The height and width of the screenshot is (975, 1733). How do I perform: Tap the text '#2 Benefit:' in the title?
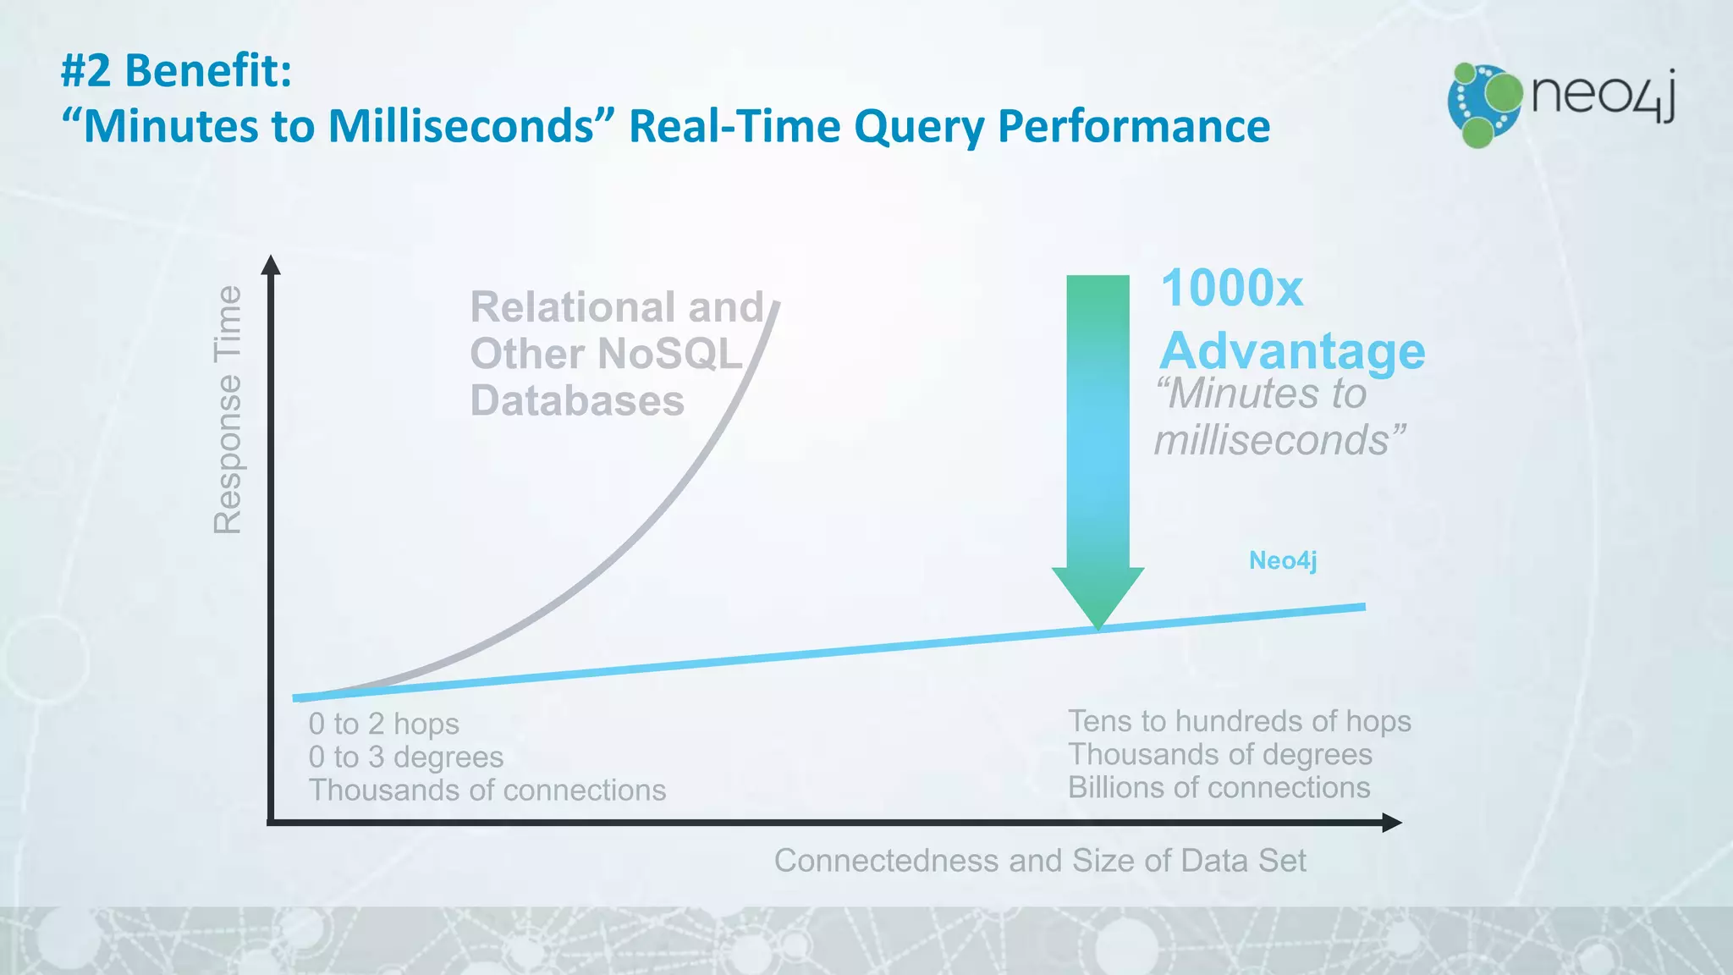[x=176, y=70]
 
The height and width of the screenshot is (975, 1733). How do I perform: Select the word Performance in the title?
[x=1133, y=127]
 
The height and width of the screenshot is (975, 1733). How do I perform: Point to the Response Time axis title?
[x=228, y=410]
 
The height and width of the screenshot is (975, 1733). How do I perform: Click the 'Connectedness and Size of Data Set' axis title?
[x=1039, y=861]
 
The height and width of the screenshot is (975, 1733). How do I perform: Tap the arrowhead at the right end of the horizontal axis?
[x=1392, y=822]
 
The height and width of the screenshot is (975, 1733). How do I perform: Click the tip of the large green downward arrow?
[x=1098, y=625]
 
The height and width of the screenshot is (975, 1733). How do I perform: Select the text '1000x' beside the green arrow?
[x=1231, y=289]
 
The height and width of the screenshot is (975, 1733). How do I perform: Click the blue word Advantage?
[x=1292, y=350]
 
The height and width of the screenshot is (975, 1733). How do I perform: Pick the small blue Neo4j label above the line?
[x=1283, y=560]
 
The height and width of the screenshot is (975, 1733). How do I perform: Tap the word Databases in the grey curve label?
[x=577, y=400]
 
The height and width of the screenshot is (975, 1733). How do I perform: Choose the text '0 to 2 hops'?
[x=383, y=724]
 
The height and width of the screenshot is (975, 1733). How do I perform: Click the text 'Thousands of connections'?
[x=487, y=790]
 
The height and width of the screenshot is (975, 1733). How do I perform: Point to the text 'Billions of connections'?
[x=1219, y=788]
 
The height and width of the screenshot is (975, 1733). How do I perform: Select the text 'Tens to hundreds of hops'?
[x=1239, y=721]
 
